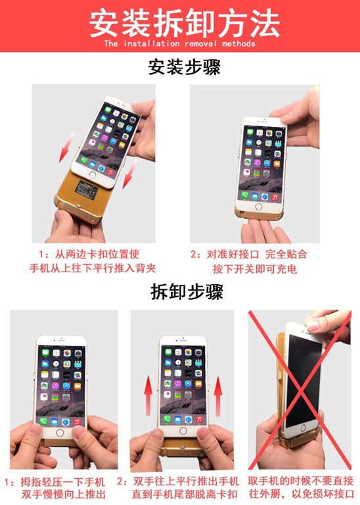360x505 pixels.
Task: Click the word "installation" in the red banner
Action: [152, 43]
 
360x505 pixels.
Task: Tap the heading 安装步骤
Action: [185, 67]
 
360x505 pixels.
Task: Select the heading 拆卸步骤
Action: [187, 291]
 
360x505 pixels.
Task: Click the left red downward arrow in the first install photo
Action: [65, 147]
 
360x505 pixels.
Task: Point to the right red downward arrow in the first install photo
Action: [129, 174]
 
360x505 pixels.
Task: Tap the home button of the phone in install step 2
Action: [258, 206]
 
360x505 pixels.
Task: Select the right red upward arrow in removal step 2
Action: [218, 396]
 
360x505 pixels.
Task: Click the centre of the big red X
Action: [300, 391]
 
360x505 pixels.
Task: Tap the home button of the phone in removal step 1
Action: [60, 433]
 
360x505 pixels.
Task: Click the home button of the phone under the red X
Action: [303, 429]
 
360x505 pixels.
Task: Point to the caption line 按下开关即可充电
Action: [254, 268]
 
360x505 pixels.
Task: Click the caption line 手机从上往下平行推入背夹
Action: [93, 268]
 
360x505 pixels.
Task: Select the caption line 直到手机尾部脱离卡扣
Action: [185, 494]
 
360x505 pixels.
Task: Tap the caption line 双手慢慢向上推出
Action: [64, 494]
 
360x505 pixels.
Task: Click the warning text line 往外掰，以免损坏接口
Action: [302, 494]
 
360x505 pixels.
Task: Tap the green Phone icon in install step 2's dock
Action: [245, 195]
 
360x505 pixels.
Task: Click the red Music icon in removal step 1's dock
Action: [77, 421]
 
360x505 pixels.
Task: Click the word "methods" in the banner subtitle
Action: [238, 43]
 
